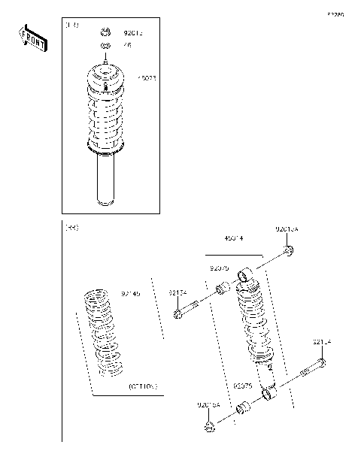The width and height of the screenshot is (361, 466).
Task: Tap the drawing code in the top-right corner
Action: [x=335, y=14]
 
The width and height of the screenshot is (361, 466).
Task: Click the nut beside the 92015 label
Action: [x=106, y=32]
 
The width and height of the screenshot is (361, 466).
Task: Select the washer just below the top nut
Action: [x=106, y=47]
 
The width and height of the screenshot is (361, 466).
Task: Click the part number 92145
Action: [x=131, y=294]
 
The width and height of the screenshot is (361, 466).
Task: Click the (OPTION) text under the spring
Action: [x=142, y=386]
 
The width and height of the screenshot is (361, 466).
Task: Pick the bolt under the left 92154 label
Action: [x=184, y=310]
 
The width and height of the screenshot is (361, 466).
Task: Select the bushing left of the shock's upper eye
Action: [x=223, y=289]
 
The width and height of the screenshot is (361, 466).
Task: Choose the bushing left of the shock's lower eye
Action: [x=243, y=409]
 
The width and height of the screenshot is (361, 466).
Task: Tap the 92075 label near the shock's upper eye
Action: [x=219, y=268]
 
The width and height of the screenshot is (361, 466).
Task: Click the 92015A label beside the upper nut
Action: [x=287, y=229]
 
